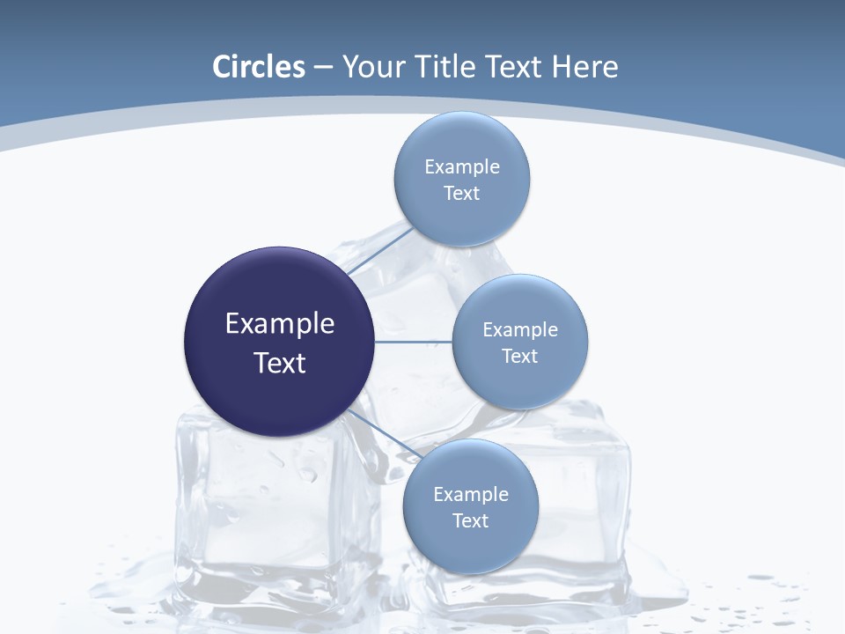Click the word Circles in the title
coord(259,67)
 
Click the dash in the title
coord(323,68)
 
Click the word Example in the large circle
coord(280,323)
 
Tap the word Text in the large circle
coord(280,363)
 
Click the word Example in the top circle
coord(461,166)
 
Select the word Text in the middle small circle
coord(519,356)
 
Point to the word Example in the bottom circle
coord(470,494)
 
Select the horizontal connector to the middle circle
coord(413,342)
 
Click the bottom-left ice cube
coord(264,511)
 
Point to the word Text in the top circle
coord(461,194)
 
